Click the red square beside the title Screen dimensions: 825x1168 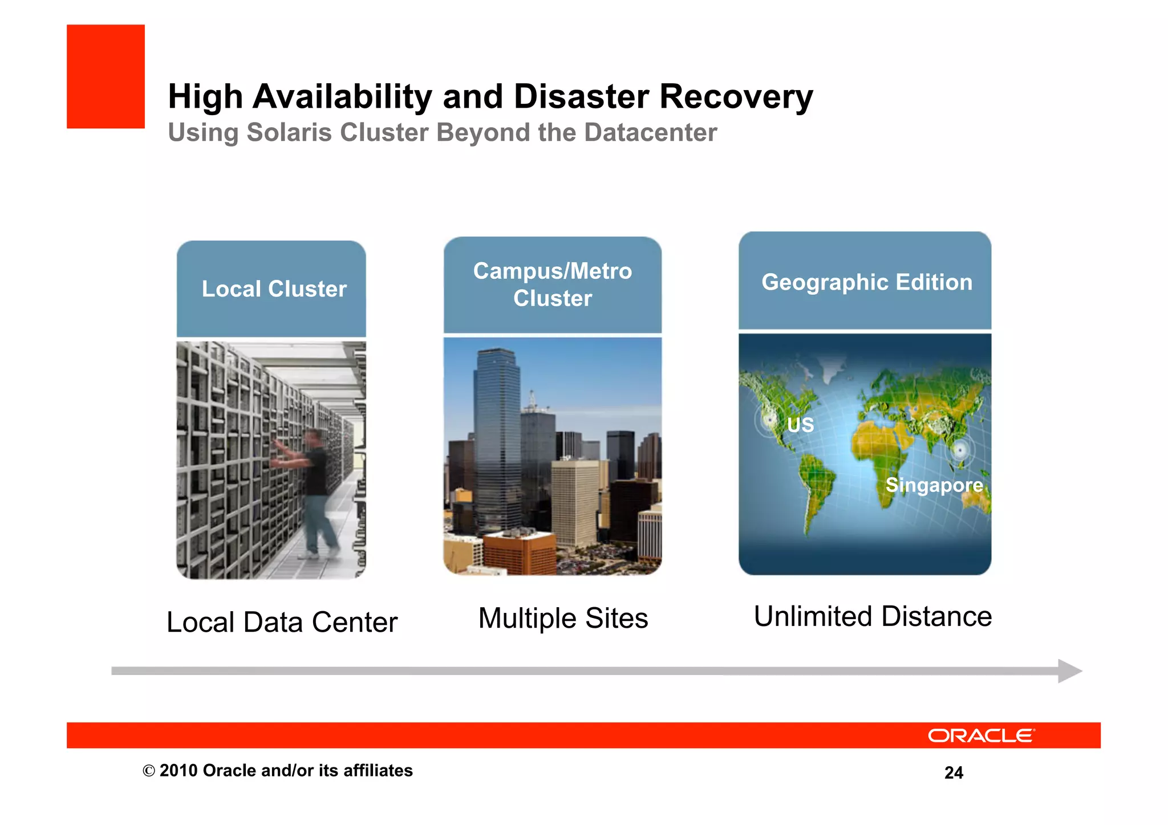click(x=106, y=76)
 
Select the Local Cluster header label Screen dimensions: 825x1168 click(x=274, y=289)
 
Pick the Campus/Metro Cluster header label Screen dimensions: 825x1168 click(x=552, y=285)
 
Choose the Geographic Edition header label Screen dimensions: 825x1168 click(x=866, y=282)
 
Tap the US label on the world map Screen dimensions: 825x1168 click(x=800, y=425)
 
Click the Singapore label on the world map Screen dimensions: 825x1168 click(x=934, y=485)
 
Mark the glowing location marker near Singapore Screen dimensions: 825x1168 click(x=960, y=450)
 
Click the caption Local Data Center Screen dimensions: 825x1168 click(x=282, y=622)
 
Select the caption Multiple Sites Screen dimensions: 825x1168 click(x=563, y=619)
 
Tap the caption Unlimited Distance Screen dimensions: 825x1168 click(x=873, y=617)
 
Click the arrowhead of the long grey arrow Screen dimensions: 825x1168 click(x=1069, y=671)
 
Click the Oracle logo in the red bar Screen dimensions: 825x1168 click(x=980, y=735)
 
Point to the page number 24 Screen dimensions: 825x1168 click(x=954, y=773)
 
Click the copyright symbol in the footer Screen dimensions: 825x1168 click(x=149, y=771)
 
